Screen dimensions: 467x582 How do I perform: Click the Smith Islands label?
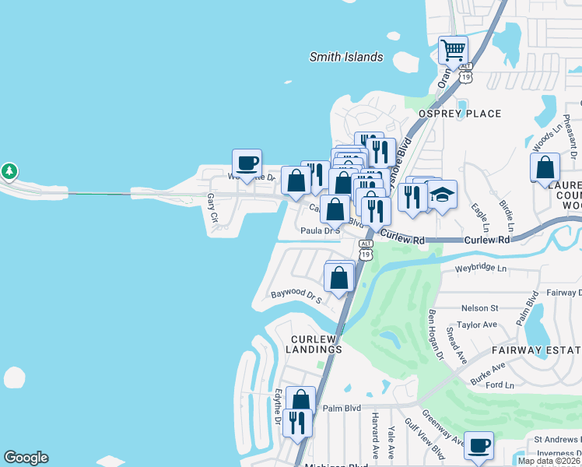click(346, 57)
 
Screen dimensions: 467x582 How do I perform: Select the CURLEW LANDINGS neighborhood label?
click(317, 344)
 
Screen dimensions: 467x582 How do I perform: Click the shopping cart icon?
click(453, 51)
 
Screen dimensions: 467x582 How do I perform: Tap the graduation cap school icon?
click(442, 196)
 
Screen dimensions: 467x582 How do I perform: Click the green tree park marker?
click(9, 170)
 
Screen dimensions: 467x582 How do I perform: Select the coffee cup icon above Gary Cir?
click(247, 164)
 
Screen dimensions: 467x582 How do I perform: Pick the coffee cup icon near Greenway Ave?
click(479, 446)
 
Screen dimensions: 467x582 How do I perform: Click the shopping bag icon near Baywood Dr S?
click(339, 278)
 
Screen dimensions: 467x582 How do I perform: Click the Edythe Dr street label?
click(277, 407)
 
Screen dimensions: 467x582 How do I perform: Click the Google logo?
click(26, 458)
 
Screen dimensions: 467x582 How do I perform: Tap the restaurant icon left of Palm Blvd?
click(296, 423)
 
